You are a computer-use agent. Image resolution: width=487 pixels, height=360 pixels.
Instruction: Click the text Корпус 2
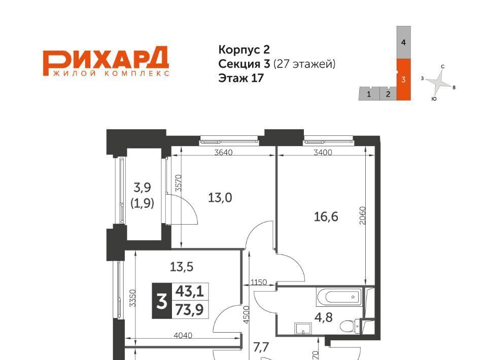[x=244, y=50]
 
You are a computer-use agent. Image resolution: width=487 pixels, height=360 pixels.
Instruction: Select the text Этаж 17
[x=241, y=78]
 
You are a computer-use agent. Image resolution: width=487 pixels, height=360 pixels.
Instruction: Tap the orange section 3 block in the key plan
[x=403, y=80]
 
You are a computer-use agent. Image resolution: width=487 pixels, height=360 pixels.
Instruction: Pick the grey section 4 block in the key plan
[x=403, y=43]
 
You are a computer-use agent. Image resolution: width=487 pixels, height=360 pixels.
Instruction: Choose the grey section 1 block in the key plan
[x=369, y=94]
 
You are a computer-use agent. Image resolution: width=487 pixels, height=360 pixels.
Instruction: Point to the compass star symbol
[x=438, y=83]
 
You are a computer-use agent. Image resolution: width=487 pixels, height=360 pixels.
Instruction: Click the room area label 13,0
[x=220, y=197]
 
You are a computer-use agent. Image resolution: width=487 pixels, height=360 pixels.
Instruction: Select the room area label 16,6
[x=326, y=217]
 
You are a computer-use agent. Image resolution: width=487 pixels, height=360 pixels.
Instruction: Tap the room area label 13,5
[x=182, y=267]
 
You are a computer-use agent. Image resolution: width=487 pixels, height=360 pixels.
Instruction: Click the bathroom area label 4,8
[x=323, y=317]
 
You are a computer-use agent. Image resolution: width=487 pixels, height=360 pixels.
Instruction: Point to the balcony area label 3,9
[x=142, y=188]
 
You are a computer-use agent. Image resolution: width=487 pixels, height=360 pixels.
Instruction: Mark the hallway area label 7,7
[x=261, y=347]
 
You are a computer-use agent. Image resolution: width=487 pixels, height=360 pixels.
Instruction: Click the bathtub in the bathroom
[x=339, y=297]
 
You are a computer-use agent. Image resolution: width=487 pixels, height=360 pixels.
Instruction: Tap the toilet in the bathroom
[x=350, y=326]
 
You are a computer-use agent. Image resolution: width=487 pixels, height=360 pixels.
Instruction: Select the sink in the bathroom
[x=303, y=329]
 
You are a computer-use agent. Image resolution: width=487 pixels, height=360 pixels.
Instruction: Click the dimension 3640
[x=224, y=153]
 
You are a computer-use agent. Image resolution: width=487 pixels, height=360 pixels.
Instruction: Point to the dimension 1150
[x=259, y=282]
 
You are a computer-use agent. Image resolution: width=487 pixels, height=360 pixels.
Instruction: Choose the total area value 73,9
[x=189, y=309]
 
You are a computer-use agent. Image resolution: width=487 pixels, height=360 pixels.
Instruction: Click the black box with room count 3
[x=162, y=301]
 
